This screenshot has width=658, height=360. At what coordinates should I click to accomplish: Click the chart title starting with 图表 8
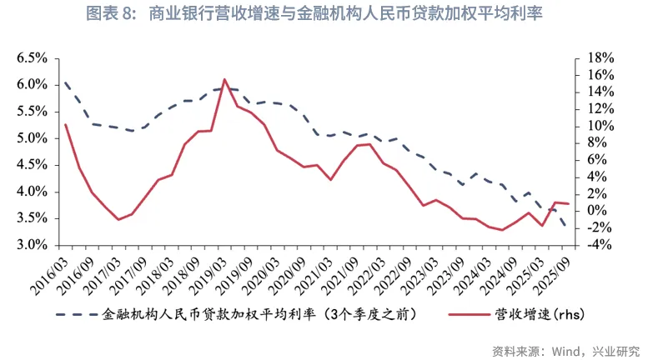click(328, 14)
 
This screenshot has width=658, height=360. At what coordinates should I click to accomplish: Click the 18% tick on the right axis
click(600, 58)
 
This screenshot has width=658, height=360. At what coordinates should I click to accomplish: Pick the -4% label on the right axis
click(599, 245)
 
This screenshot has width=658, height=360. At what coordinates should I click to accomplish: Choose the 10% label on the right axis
click(600, 126)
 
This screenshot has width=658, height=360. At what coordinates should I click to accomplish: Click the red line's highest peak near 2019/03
click(224, 79)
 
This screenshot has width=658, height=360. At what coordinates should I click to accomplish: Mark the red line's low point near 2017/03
click(118, 220)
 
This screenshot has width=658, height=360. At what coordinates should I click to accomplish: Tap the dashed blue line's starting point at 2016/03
click(64, 82)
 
